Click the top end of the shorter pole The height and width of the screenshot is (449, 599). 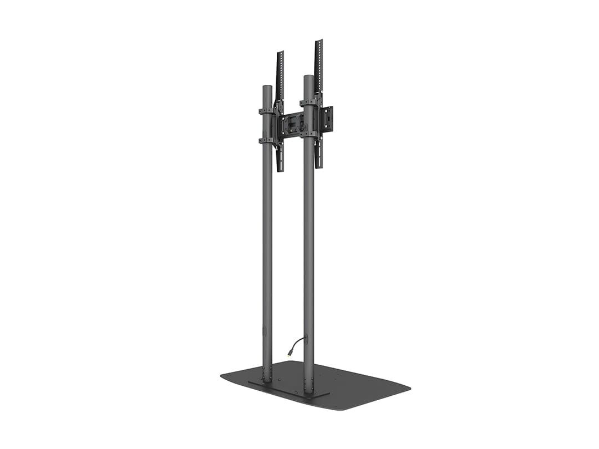pyautogui.click(x=267, y=87)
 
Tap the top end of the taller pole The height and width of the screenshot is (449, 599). pyautogui.click(x=309, y=77)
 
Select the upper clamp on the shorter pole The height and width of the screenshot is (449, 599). pyautogui.click(x=267, y=111)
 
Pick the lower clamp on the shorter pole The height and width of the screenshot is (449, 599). pyautogui.click(x=267, y=140)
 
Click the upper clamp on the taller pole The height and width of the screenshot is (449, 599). pyautogui.click(x=309, y=103)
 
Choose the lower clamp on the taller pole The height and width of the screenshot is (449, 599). pyautogui.click(x=309, y=134)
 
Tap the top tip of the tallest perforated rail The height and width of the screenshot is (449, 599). pyautogui.click(x=319, y=41)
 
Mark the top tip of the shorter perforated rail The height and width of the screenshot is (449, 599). pyautogui.click(x=280, y=53)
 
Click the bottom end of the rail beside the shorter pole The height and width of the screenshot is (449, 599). pyautogui.click(x=280, y=169)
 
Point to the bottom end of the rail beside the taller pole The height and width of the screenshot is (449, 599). pyautogui.click(x=319, y=166)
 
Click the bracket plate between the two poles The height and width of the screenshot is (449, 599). pyautogui.click(x=291, y=125)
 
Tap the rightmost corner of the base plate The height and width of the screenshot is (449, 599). pyautogui.click(x=409, y=386)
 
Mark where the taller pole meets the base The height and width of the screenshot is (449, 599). pyautogui.click(x=309, y=392)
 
